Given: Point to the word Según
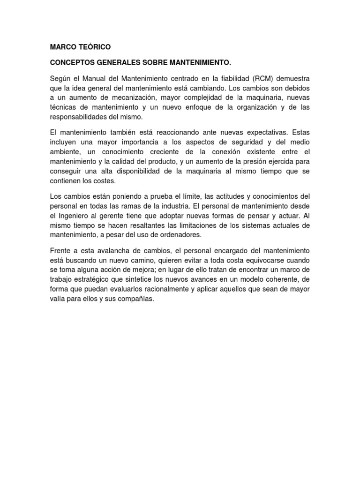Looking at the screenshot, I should (x=60, y=77).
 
